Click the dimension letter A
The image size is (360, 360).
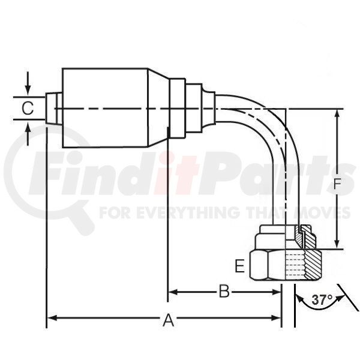click(168, 320)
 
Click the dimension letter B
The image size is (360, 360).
click(224, 291)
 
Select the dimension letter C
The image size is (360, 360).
click(28, 108)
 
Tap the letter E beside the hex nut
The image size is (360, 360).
click(239, 266)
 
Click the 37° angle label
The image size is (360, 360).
click(322, 300)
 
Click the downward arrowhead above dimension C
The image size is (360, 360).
click(28, 90)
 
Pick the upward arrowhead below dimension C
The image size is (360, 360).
click(28, 127)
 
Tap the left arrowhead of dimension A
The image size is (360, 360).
click(52, 318)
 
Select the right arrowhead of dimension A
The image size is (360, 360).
click(276, 318)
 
